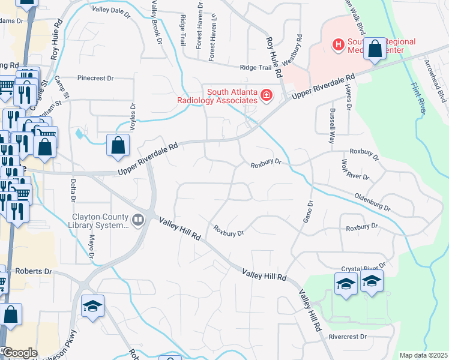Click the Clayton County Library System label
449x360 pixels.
[x=100, y=221]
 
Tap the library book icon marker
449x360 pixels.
[x=139, y=221]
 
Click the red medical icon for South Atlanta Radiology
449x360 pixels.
[x=265, y=95]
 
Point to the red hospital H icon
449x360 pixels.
[x=339, y=44]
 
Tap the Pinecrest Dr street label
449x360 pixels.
[x=95, y=78]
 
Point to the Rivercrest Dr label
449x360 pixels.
[x=348, y=337]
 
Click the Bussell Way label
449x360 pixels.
[x=330, y=126]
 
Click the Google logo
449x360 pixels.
[x=20, y=353]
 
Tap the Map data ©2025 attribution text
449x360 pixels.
[x=423, y=355]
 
